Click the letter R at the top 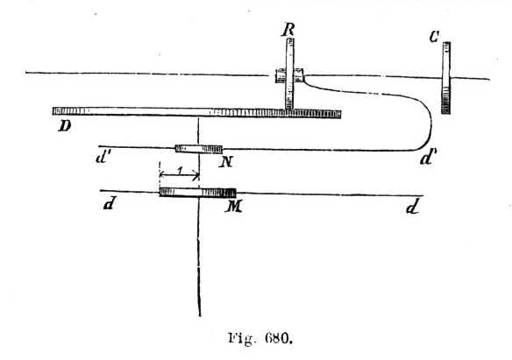[x=288, y=30]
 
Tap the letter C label [x=434, y=37]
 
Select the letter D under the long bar [x=65, y=125]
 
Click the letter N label [x=226, y=162]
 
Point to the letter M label [x=233, y=206]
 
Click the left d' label [x=103, y=158]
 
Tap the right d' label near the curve [x=428, y=159]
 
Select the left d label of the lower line [x=109, y=204]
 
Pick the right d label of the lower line [x=413, y=207]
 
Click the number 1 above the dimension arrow [x=179, y=170]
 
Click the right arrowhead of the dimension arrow [x=196, y=176]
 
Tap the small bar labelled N [x=198, y=149]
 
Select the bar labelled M [x=197, y=193]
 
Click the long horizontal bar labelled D [x=196, y=112]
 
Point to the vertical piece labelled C [x=446, y=78]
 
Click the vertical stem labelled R [x=289, y=74]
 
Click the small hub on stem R [x=289, y=75]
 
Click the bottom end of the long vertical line [x=200, y=315]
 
